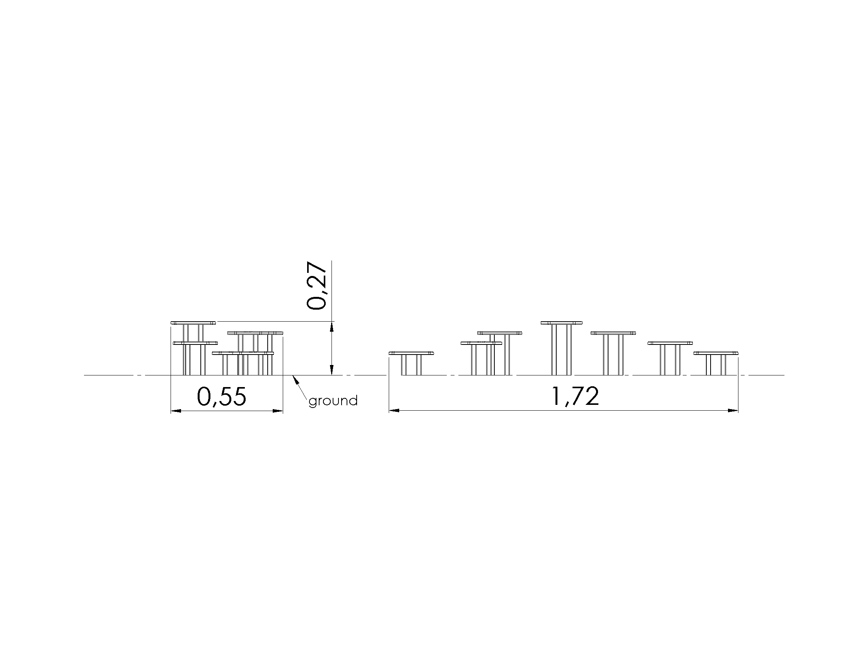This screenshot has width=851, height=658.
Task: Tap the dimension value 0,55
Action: [222, 397]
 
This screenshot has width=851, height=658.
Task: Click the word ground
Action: [333, 401]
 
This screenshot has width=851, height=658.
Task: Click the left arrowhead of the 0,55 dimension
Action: [176, 410]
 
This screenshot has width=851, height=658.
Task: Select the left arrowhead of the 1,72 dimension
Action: [394, 410]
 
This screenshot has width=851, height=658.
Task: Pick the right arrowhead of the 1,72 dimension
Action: [733, 410]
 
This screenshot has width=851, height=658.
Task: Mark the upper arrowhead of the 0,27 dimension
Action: [332, 327]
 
